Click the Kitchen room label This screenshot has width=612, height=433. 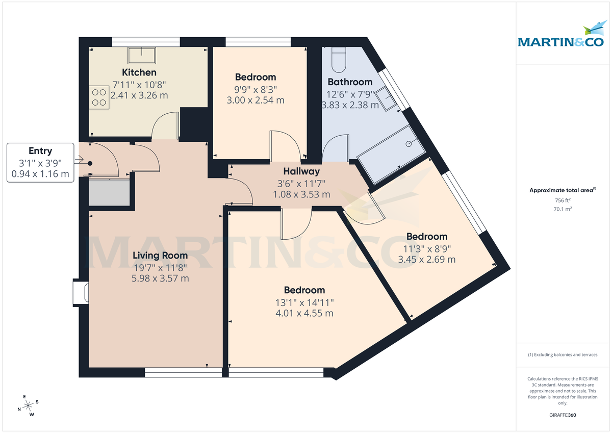[139, 72]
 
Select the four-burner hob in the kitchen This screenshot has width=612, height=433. [99, 97]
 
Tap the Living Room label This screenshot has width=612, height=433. [160, 256]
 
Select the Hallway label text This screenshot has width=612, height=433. [301, 172]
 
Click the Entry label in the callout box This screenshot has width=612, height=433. [40, 151]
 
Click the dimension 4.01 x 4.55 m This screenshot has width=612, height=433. [304, 313]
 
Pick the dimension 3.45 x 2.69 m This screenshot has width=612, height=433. [426, 259]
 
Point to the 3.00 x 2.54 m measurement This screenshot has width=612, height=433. [255, 100]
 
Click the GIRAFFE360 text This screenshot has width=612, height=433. [563, 415]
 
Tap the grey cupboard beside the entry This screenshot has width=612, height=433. [109, 192]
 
